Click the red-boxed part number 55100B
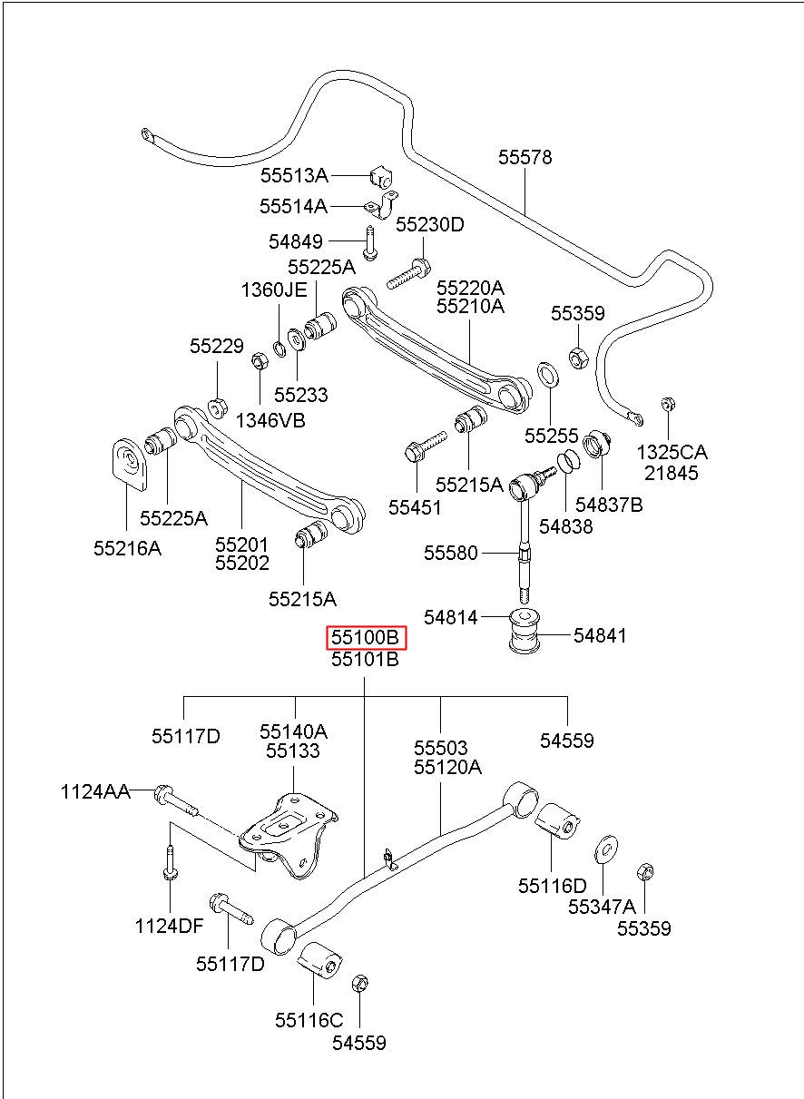(x=367, y=637)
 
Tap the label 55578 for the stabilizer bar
(x=525, y=157)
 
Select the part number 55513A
(x=294, y=175)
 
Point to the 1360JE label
(x=274, y=290)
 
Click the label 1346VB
(x=270, y=420)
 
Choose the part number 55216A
(x=128, y=548)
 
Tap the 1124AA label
(x=95, y=791)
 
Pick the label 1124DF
(x=169, y=926)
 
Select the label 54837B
(x=609, y=505)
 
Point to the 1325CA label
(x=672, y=452)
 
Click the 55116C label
(x=309, y=1020)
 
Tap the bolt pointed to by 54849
(x=369, y=243)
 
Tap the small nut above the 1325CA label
(x=667, y=404)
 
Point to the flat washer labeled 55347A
(x=605, y=849)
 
